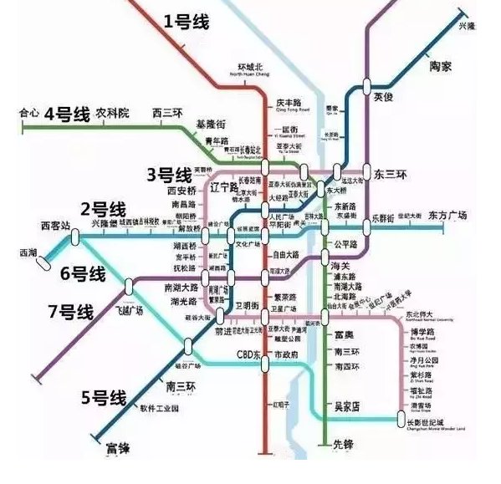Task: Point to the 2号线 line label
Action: pos(103,209)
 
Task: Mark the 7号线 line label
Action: pos(70,312)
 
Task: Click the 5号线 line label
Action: pos(101,397)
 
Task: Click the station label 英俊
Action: pos(382,97)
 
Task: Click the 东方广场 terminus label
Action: pos(447,215)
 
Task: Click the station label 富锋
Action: pos(119,450)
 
